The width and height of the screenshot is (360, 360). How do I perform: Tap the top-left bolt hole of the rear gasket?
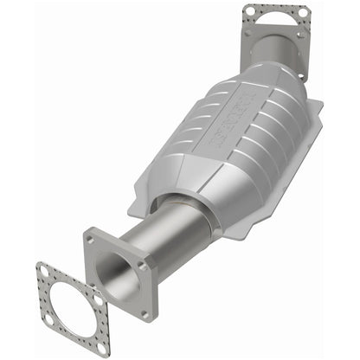click(249, 11)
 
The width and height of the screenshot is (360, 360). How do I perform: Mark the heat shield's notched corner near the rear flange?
click(317, 108)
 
